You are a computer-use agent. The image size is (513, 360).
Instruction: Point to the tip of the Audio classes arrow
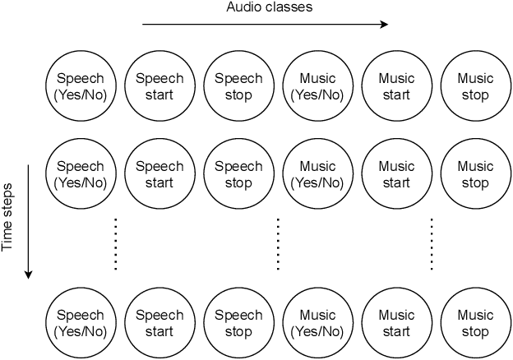pyautogui.click(x=387, y=25)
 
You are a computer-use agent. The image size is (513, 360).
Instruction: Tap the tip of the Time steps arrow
pyautogui.click(x=29, y=277)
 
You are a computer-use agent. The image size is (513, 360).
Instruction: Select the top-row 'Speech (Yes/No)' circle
pyautogui.click(x=81, y=86)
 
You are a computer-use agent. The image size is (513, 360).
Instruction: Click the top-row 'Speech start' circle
pyautogui.click(x=159, y=86)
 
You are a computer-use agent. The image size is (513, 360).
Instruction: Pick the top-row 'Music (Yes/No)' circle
pyautogui.click(x=317, y=86)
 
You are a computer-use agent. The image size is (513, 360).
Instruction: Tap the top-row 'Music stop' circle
pyautogui.click(x=475, y=86)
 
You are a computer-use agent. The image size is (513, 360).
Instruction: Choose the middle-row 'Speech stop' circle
pyautogui.click(x=238, y=174)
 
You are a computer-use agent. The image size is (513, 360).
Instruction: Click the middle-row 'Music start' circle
pyautogui.click(x=396, y=174)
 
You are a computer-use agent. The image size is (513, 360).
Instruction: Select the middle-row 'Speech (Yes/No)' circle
pyautogui.click(x=81, y=174)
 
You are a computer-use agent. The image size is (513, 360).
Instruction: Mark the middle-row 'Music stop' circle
pyautogui.click(x=475, y=174)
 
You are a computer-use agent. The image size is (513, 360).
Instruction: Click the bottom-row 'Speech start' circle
pyautogui.click(x=159, y=323)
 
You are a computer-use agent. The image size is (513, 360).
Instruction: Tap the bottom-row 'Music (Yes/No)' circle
pyautogui.click(x=317, y=323)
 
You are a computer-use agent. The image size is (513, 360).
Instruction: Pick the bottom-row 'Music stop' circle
pyautogui.click(x=475, y=323)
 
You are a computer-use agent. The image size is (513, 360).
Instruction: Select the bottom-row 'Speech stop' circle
pyautogui.click(x=238, y=323)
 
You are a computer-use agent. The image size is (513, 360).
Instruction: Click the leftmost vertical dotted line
pyautogui.click(x=116, y=244)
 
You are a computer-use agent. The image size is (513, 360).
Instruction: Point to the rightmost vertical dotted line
pyautogui.click(x=432, y=244)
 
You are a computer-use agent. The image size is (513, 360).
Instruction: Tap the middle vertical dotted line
pyautogui.click(x=277, y=244)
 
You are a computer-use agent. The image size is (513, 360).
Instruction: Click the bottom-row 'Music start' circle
pyautogui.click(x=396, y=323)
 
